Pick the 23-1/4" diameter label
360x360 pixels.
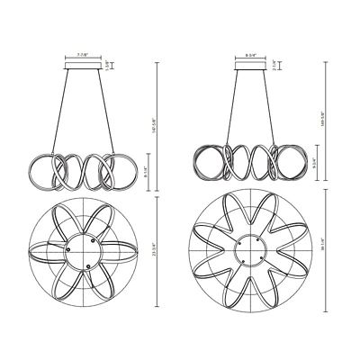point(158,255)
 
